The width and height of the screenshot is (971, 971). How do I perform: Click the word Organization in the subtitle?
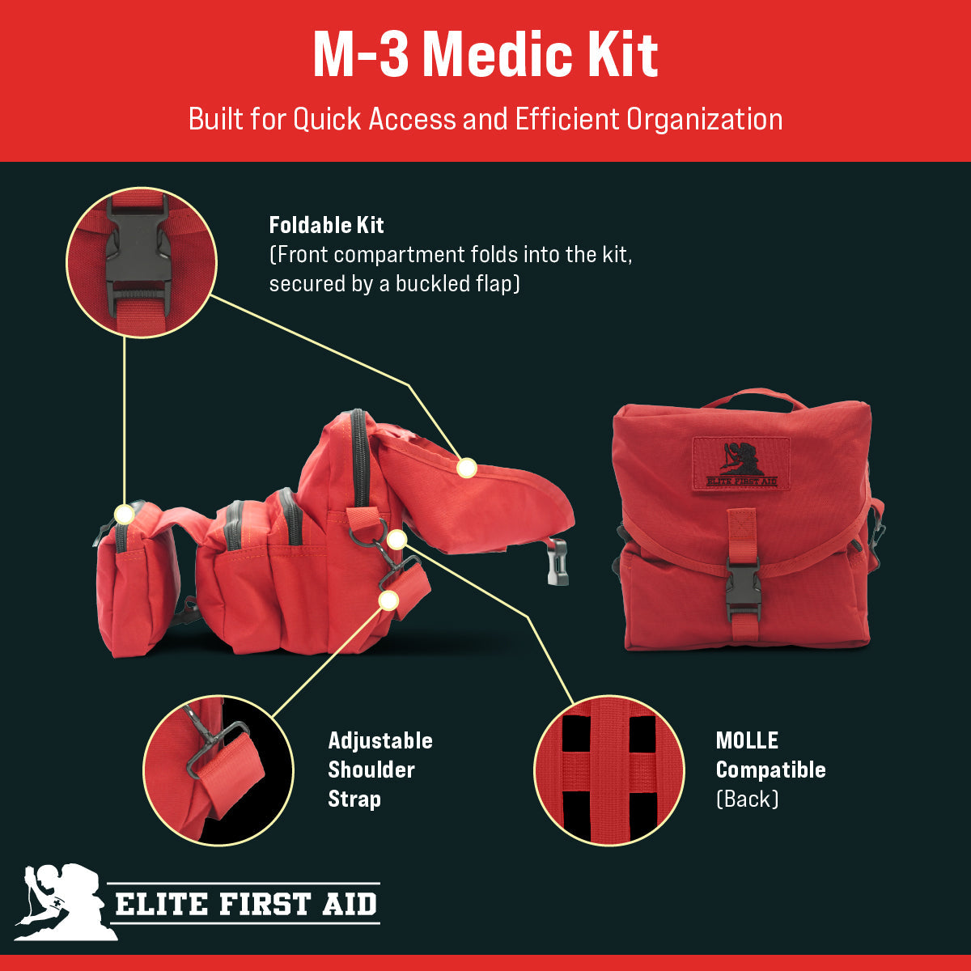tap(704, 119)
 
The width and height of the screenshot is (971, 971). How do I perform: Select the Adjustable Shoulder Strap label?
tap(379, 770)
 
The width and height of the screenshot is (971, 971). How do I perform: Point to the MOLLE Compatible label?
tap(770, 755)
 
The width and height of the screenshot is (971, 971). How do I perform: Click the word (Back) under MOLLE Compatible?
tap(747, 799)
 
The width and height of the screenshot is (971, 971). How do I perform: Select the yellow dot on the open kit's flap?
tap(466, 468)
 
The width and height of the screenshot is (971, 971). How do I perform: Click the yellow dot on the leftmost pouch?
tap(124, 515)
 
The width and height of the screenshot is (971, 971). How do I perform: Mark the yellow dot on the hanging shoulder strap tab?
tap(389, 600)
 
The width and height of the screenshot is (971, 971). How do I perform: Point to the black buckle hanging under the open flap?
tap(558, 561)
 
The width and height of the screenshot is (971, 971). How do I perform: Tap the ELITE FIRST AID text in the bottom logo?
tap(246, 903)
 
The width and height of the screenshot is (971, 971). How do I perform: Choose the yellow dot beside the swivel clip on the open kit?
tap(396, 540)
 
